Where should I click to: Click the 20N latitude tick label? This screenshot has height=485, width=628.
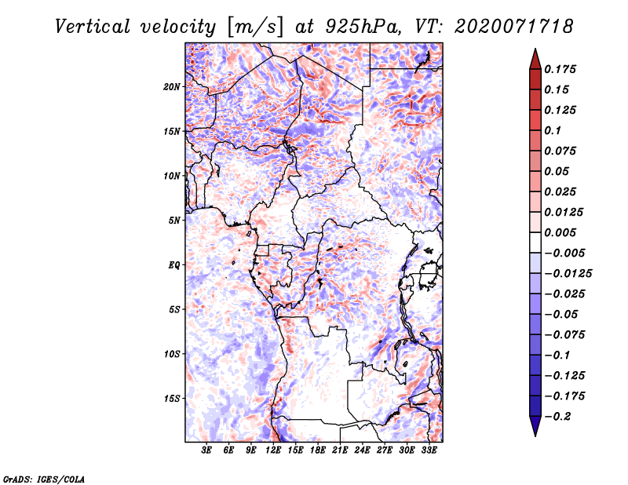[172, 87]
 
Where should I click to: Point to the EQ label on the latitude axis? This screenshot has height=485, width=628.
[173, 265]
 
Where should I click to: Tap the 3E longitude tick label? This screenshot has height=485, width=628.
[206, 450]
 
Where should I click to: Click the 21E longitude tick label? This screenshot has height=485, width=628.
[340, 450]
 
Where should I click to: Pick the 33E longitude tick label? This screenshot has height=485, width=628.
[429, 450]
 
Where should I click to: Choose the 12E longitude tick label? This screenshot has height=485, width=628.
[272, 450]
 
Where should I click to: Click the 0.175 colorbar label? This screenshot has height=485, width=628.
[560, 69]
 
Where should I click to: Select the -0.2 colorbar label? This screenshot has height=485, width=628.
[557, 417]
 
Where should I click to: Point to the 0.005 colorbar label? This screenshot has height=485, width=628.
[560, 232]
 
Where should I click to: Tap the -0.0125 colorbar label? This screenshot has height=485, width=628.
[568, 274]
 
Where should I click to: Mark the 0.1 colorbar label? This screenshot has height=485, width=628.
[553, 130]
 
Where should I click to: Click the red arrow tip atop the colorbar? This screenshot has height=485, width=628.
[535, 49]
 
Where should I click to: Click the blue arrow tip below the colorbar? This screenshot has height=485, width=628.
[535, 436]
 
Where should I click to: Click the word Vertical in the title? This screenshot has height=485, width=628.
[93, 27]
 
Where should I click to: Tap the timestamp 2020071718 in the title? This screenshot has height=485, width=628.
[514, 27]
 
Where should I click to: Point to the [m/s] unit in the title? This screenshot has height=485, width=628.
[254, 27]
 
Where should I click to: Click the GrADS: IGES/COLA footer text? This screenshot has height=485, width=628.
[44, 479]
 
